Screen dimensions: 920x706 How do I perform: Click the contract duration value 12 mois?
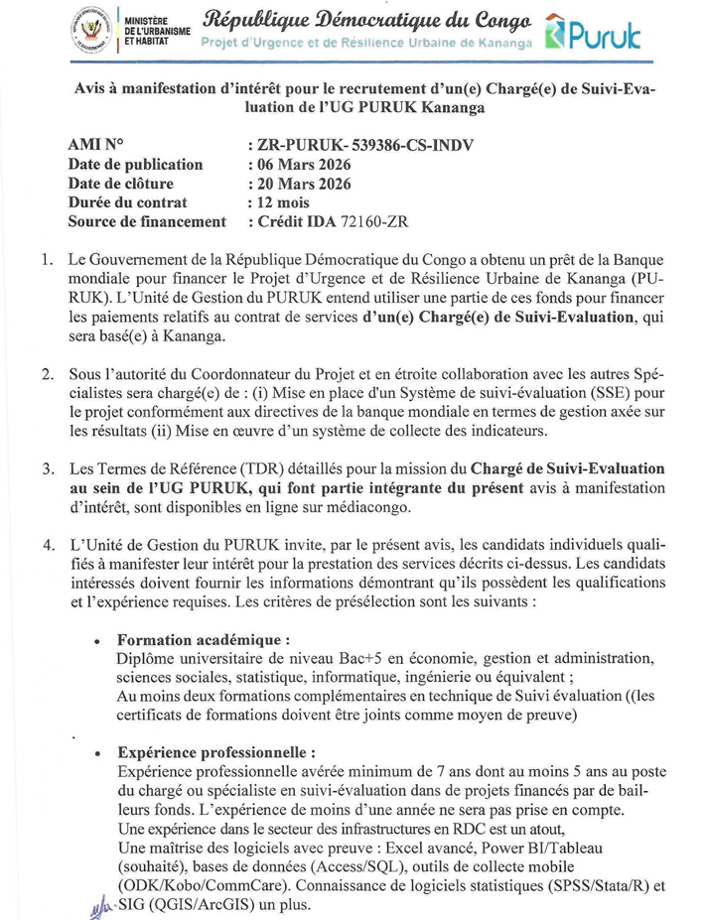[x=286, y=202]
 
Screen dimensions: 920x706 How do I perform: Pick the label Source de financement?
[x=147, y=222]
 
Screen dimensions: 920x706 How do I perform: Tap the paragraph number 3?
[x=47, y=466]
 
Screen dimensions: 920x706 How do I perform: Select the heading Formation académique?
[x=204, y=640]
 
